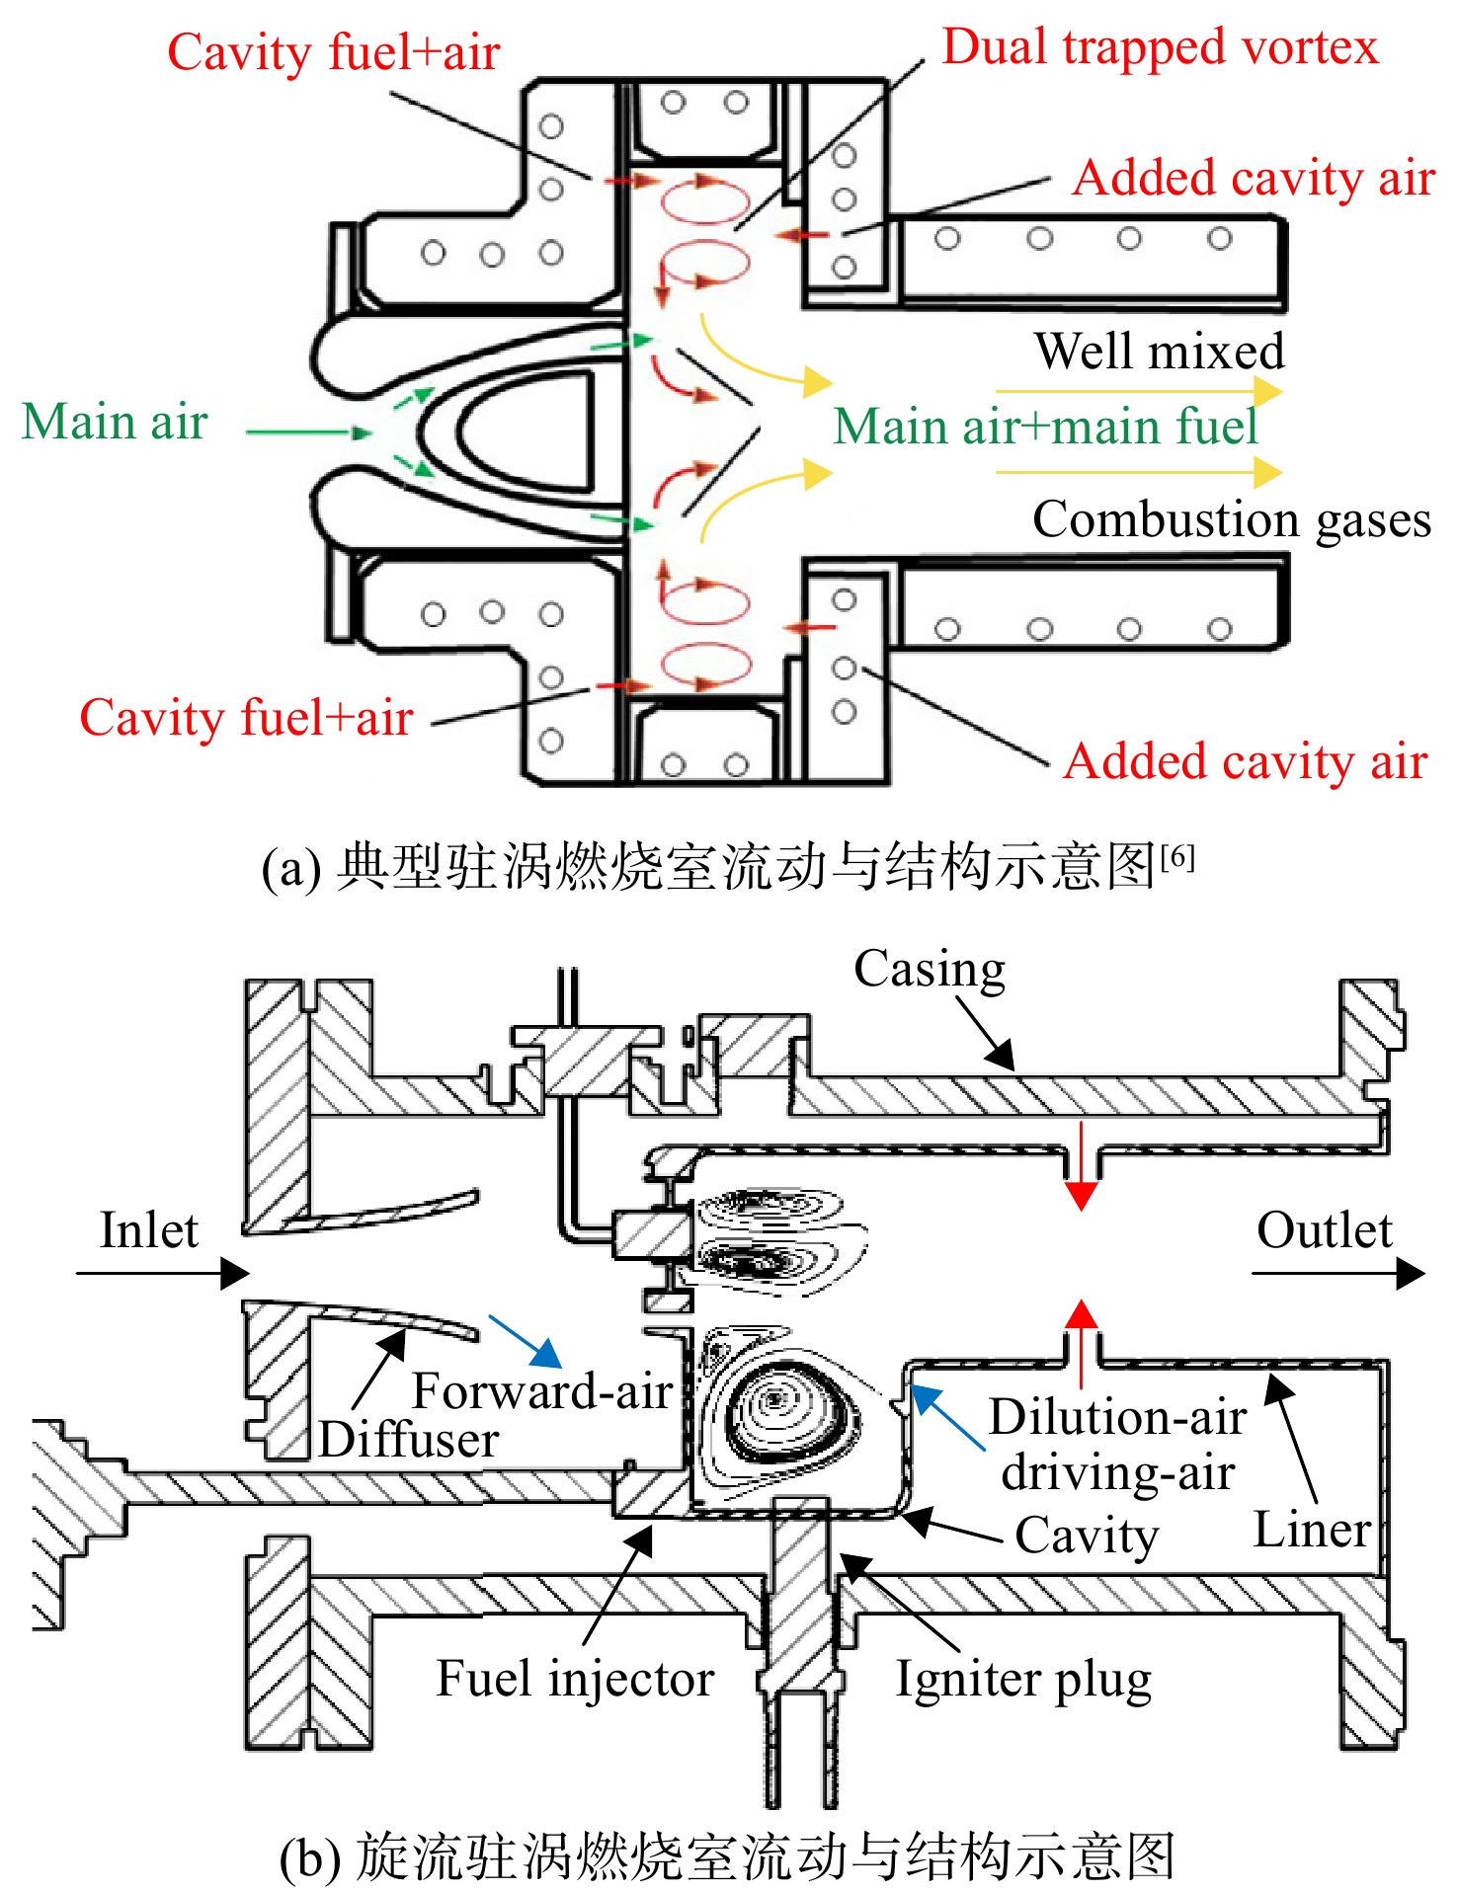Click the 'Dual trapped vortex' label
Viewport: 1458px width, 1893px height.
point(1160,47)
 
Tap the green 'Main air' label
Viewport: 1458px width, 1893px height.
point(115,422)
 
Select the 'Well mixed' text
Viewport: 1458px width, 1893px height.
point(1160,351)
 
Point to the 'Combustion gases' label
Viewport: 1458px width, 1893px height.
point(1232,519)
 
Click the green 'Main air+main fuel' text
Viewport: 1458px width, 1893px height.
point(1045,427)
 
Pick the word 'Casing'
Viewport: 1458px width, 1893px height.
point(930,970)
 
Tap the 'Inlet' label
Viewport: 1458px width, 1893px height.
point(149,1230)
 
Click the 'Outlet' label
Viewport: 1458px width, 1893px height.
point(1324,1230)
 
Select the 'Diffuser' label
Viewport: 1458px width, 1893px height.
point(409,1439)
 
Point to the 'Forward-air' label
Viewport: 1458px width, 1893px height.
point(542,1390)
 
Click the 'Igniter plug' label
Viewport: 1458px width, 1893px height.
point(1023,1680)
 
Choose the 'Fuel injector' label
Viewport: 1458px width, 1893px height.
point(575,1679)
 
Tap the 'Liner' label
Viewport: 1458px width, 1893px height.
point(1312,1530)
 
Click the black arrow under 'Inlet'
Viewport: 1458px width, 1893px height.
point(163,1273)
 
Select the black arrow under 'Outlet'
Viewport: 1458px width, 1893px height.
point(1338,1273)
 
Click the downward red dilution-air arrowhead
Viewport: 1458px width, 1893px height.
point(1082,1196)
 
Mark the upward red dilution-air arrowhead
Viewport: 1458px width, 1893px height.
point(1082,1314)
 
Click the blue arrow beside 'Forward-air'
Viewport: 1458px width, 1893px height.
point(526,1341)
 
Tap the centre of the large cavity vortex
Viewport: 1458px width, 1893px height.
point(775,1399)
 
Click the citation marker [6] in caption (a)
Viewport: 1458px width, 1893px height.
point(1177,855)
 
